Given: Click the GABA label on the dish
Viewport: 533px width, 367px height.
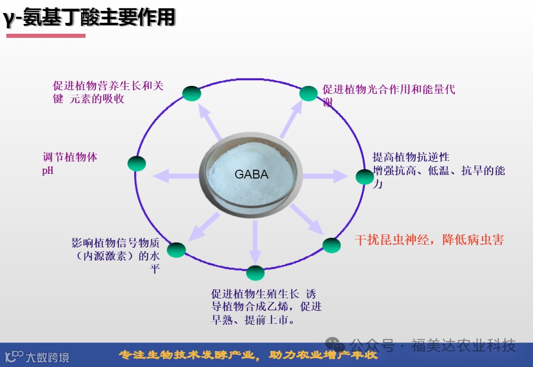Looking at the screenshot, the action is (x=251, y=174).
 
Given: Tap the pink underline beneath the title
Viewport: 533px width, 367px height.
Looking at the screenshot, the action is (x=46, y=35).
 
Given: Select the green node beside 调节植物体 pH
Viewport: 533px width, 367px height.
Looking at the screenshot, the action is (x=137, y=163).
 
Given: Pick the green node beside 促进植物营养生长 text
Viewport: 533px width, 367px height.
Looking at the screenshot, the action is (x=192, y=94).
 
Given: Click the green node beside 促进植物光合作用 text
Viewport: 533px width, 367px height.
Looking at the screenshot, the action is (x=308, y=94).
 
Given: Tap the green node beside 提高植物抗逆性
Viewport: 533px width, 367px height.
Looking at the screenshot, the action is (x=364, y=177).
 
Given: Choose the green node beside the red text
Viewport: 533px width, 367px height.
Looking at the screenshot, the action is (x=332, y=245).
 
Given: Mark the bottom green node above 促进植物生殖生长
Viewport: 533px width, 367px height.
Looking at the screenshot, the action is (x=255, y=273).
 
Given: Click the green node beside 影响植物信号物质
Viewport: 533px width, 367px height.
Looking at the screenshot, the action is (x=176, y=250).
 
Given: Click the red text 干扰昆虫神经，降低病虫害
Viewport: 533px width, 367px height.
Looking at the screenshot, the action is (x=429, y=240).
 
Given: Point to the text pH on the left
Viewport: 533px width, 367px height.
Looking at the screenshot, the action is (x=47, y=170).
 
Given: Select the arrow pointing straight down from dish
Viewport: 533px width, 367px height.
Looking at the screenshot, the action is (x=255, y=242).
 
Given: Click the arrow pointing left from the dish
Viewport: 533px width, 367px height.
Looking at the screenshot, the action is (x=174, y=176).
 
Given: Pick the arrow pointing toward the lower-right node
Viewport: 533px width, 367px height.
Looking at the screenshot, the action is (x=307, y=219).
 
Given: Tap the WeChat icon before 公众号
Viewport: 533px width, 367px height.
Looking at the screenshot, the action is (x=335, y=345).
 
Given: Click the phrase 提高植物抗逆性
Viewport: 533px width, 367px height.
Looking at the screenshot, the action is (x=411, y=157).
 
